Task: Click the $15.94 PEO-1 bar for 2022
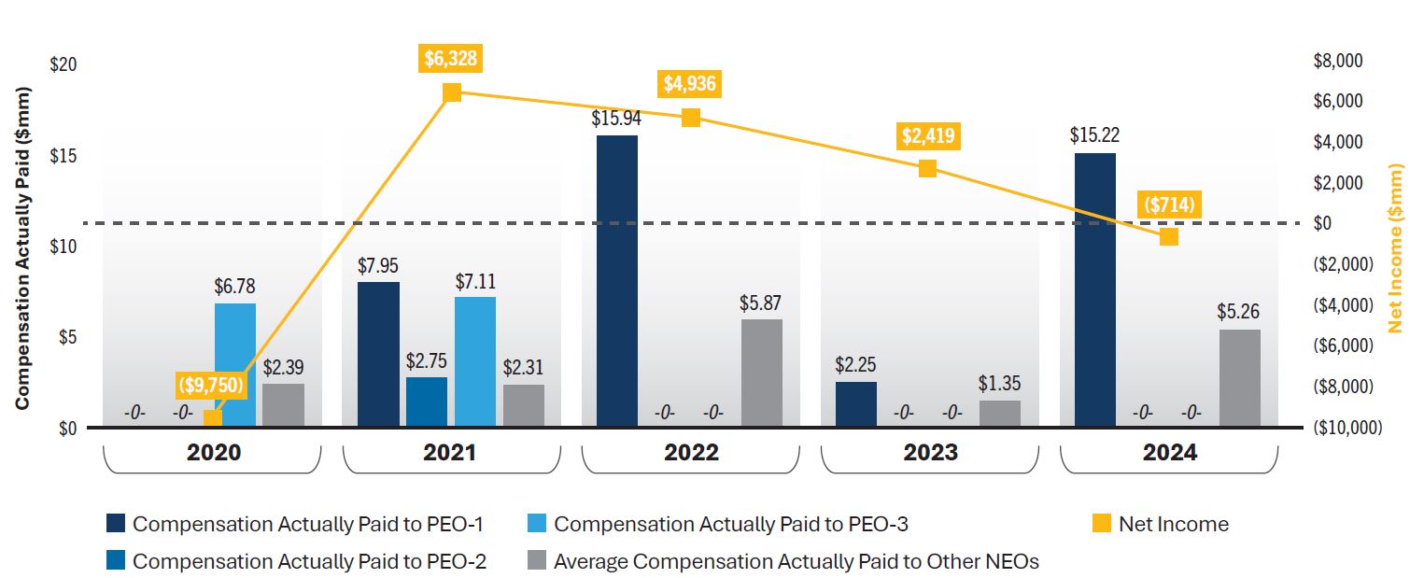pos(616,281)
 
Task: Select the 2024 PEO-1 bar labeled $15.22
pos(1094,289)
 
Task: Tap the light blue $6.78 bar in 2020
pos(235,365)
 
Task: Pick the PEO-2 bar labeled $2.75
pos(426,402)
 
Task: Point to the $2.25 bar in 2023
pos(855,403)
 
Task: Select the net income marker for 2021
pos(452,92)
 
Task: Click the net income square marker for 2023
pos(927,168)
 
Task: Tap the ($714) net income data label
pos(1168,204)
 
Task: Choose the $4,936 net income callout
pos(690,84)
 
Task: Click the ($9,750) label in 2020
pos(212,384)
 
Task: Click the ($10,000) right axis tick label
pos(1346,428)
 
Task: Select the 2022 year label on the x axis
pos(692,453)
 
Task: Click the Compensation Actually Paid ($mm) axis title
pos(22,247)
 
